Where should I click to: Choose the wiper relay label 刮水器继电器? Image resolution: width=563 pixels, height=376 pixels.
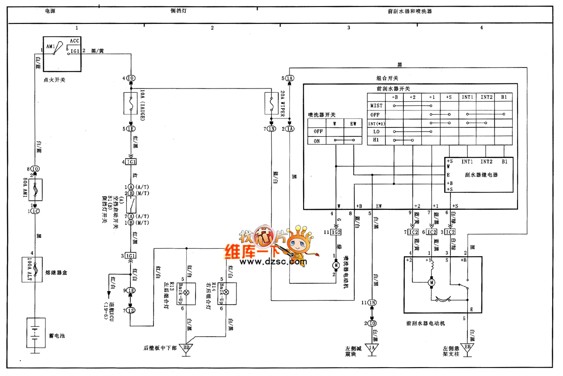[482, 175]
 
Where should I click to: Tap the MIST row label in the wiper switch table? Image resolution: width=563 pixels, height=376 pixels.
[376, 105]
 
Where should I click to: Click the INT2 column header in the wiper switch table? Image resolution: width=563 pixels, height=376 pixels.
[486, 97]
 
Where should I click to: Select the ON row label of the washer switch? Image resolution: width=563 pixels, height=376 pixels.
[317, 140]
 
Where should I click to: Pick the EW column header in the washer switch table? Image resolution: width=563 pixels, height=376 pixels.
[353, 124]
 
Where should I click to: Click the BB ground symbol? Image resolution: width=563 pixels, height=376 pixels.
[187, 348]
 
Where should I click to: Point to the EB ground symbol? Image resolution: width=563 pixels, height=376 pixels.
[467, 348]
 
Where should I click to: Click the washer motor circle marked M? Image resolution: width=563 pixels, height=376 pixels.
[336, 265]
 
